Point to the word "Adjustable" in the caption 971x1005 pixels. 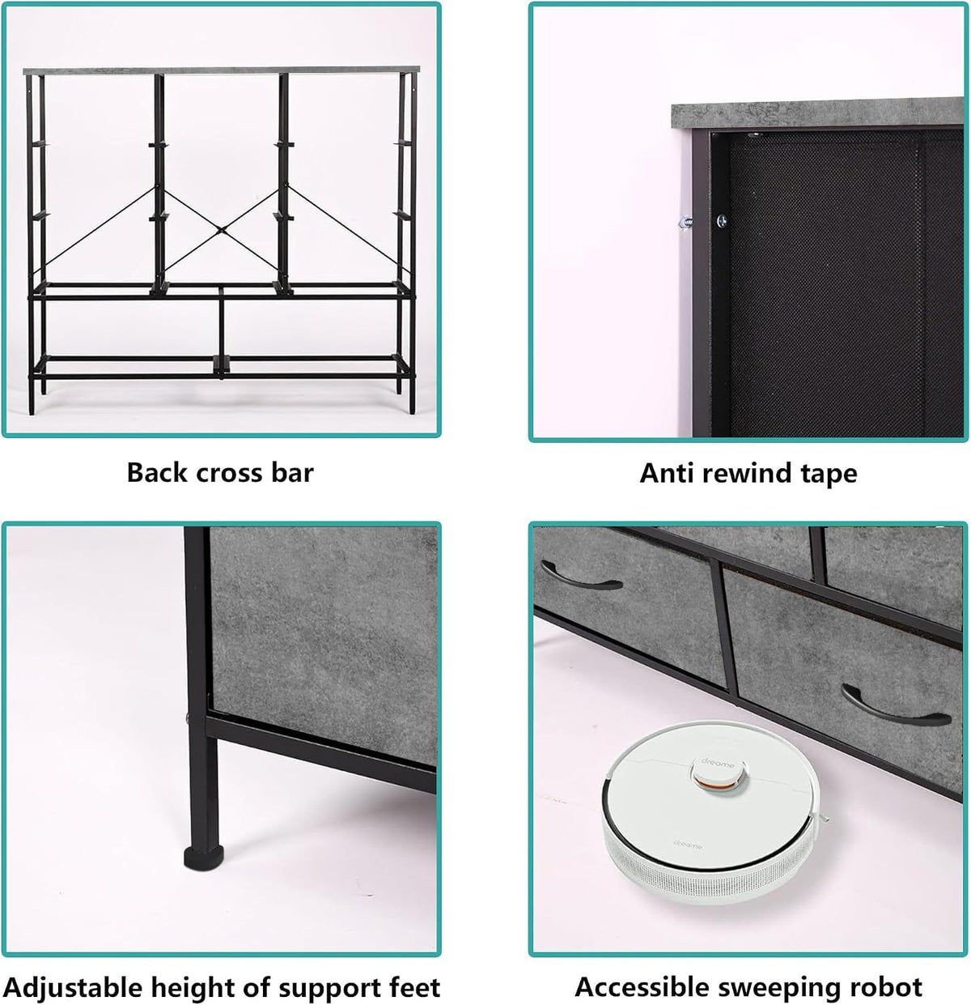coord(74,988)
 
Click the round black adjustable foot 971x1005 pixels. coord(204,858)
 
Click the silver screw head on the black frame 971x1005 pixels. coord(721,221)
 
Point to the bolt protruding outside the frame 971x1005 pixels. coord(685,223)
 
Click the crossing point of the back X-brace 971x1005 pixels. coord(221,229)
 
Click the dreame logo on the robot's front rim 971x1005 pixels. coord(688,846)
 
